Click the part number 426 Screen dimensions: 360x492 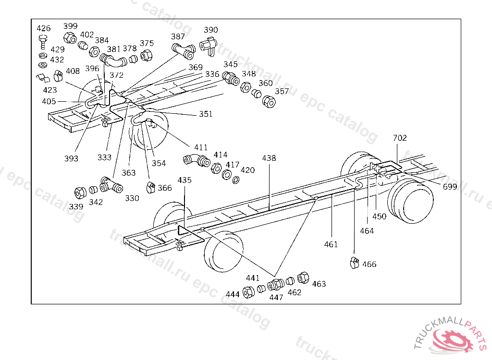point(44,28)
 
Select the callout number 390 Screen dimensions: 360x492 point(211,30)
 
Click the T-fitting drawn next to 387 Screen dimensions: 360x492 point(183,50)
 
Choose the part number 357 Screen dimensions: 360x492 point(282,91)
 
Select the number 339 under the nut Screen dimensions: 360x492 point(75,206)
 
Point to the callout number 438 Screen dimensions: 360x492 point(269,158)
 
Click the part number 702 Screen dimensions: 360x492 point(400,138)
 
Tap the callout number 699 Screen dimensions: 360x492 point(450,187)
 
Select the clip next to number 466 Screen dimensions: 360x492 point(355,263)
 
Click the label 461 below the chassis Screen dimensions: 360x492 point(331,244)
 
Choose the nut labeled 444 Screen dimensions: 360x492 point(248,291)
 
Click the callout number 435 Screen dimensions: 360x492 point(184,180)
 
